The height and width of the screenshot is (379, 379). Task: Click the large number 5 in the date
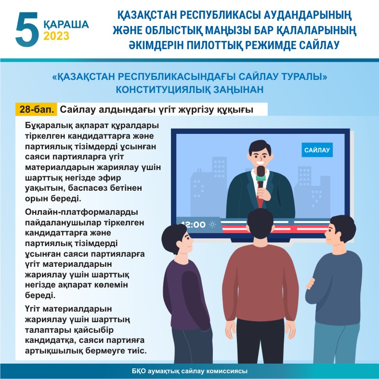tap(27, 29)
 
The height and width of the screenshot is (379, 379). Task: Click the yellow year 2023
tap(56, 36)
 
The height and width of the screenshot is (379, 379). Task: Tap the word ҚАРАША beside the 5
tap(66, 24)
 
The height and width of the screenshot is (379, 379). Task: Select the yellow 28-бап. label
tap(37, 109)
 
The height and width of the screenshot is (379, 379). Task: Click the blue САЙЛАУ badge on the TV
tap(317, 150)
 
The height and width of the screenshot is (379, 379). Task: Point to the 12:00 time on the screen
tap(193, 224)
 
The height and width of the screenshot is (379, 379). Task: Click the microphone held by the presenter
tap(261, 176)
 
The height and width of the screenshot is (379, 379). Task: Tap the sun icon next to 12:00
tap(212, 224)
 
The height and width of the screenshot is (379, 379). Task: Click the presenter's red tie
tap(260, 199)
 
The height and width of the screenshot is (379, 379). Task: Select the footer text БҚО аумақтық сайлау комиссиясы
tap(190, 371)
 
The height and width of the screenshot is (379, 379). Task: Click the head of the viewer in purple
tap(177, 239)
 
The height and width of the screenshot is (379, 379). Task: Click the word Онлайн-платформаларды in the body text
tap(81, 212)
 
